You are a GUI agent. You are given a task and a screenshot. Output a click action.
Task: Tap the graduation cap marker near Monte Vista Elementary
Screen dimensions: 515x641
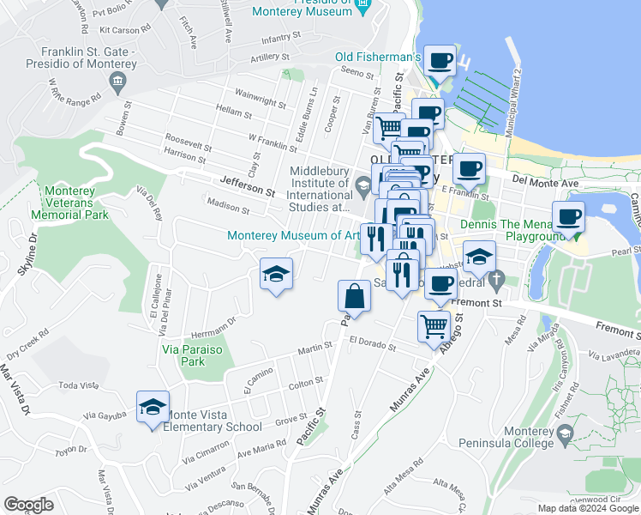pos(153,407)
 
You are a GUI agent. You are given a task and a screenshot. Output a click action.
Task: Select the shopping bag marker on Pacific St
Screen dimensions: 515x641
pos(354,297)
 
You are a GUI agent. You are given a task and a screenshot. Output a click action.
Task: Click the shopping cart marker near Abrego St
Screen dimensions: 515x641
pos(434,325)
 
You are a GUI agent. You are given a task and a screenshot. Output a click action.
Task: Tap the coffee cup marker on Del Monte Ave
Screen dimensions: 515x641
pos(468,169)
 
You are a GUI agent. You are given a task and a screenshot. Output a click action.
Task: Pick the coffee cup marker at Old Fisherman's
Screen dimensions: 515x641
pos(440,61)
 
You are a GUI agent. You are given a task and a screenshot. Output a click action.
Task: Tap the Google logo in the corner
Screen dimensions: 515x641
pos(28,505)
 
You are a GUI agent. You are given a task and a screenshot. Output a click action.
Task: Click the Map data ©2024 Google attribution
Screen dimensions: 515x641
pos(588,508)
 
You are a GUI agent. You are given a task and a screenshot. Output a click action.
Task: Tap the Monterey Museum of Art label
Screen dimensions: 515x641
pos(291,236)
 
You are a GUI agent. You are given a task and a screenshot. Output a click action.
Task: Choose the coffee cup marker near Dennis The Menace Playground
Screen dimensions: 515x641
pos(567,216)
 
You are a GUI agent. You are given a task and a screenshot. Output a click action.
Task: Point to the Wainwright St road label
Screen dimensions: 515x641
pos(260,98)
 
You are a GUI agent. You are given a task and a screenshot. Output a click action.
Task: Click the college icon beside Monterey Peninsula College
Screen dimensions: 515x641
pos(565,438)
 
